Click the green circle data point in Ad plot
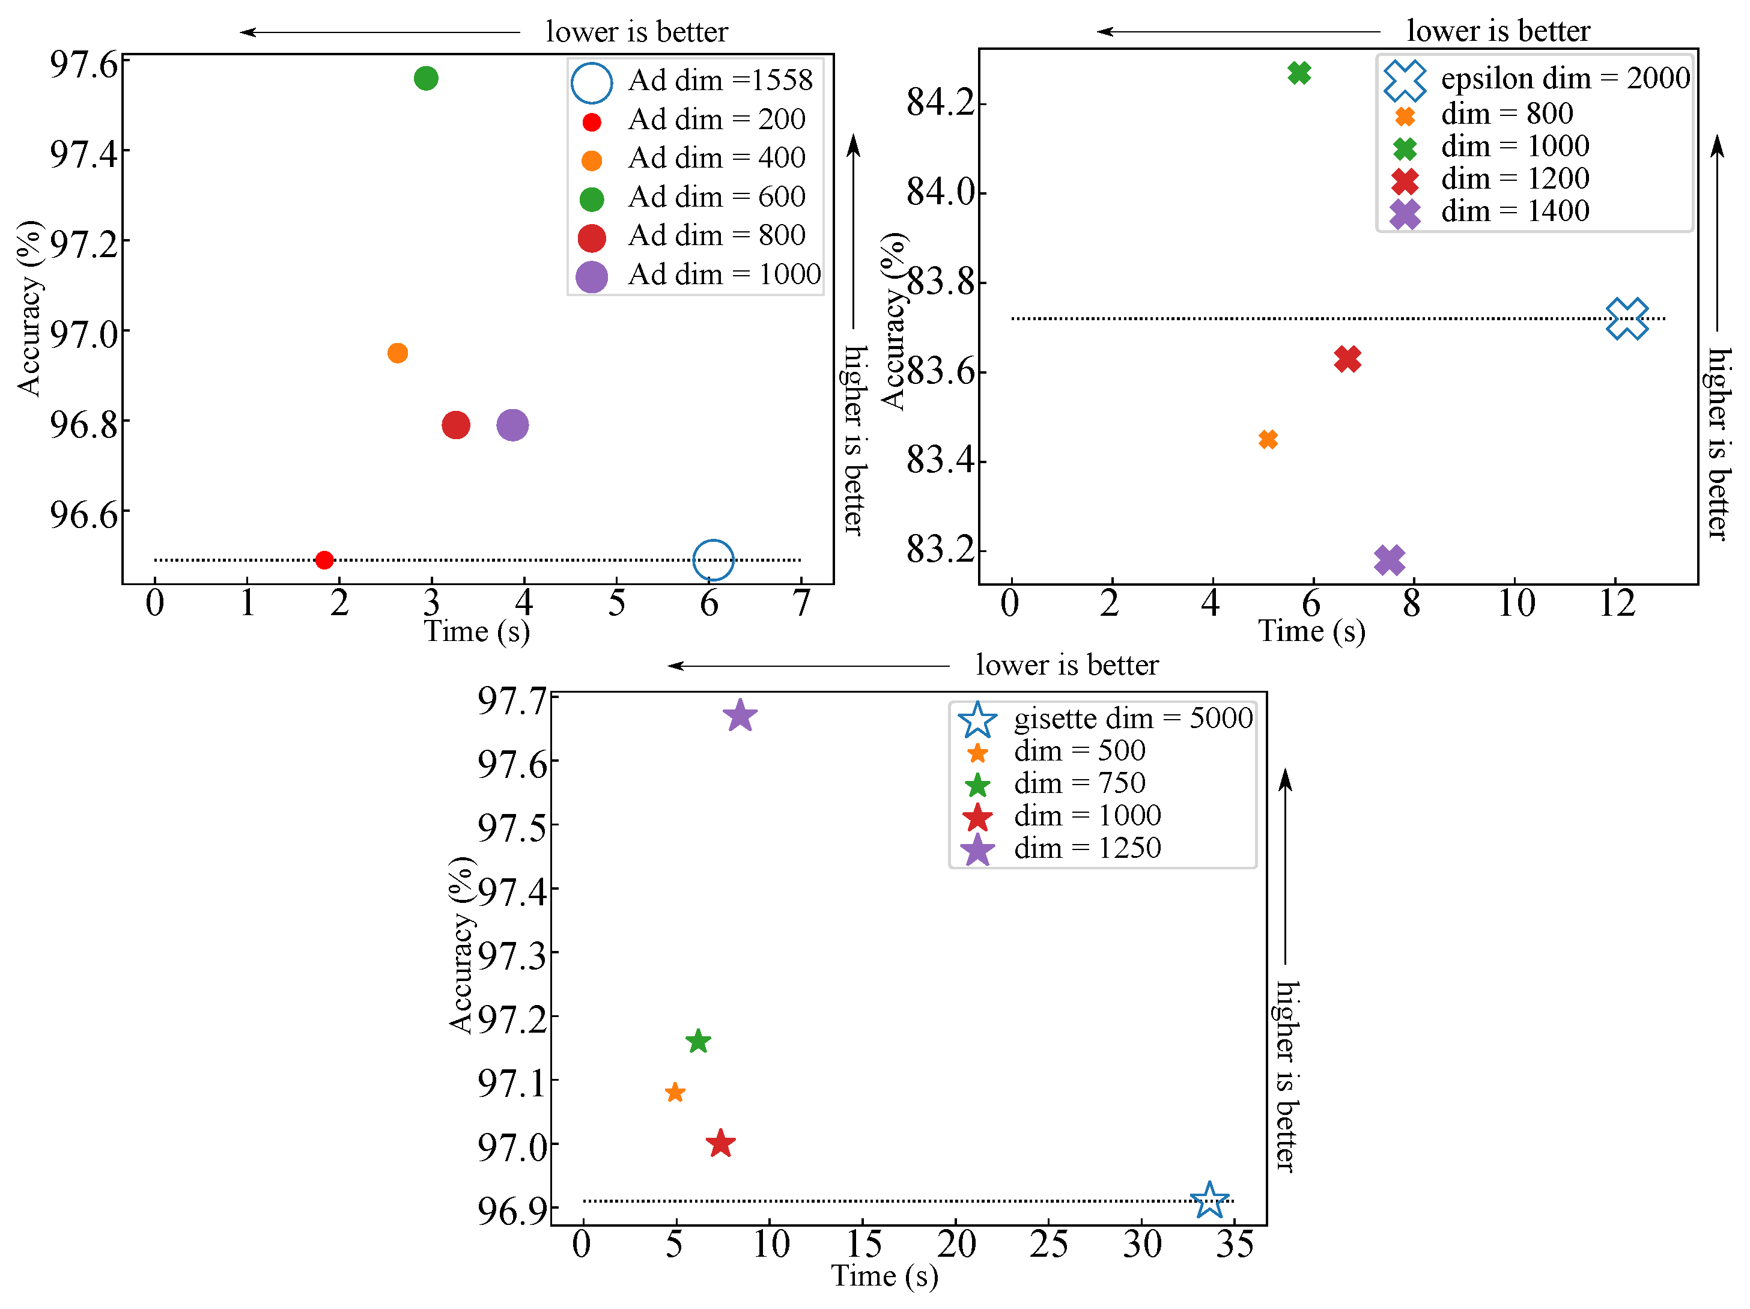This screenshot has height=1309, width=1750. pos(425,78)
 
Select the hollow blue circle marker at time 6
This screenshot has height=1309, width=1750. pos(713,560)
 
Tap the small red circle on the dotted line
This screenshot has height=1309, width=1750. pos(324,560)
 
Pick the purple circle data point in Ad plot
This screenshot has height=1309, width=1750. pos(512,425)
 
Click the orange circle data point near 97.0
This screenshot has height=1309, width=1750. pos(398,353)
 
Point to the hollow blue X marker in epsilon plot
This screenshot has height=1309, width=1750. pos(1627,319)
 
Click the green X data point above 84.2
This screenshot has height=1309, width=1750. pos(1299,73)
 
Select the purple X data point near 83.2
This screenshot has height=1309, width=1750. pos(1389,560)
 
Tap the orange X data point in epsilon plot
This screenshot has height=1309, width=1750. pos(1268,439)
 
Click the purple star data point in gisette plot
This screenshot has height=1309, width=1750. pos(740,716)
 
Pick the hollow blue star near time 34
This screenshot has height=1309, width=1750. pos(1209,1201)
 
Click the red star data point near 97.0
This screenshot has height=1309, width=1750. pos(720,1144)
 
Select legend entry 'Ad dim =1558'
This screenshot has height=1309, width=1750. pos(719,80)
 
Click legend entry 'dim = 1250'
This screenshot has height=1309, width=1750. pos(1086,848)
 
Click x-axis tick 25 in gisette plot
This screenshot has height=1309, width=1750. pos(1049,1245)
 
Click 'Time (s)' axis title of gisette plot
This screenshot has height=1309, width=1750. pos(884,1276)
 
